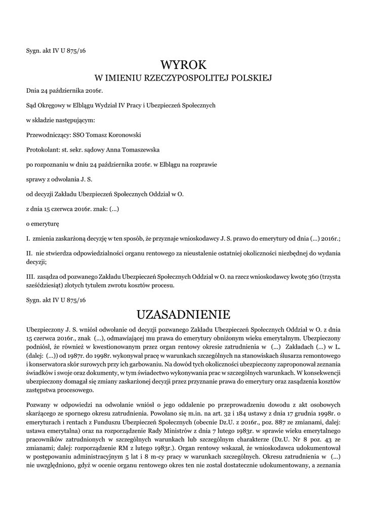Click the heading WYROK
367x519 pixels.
click(183, 65)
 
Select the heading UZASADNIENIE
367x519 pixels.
click(183, 314)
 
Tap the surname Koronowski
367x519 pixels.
click(122, 135)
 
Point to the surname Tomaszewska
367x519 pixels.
click(126, 151)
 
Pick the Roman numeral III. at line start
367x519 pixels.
click(30, 277)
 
